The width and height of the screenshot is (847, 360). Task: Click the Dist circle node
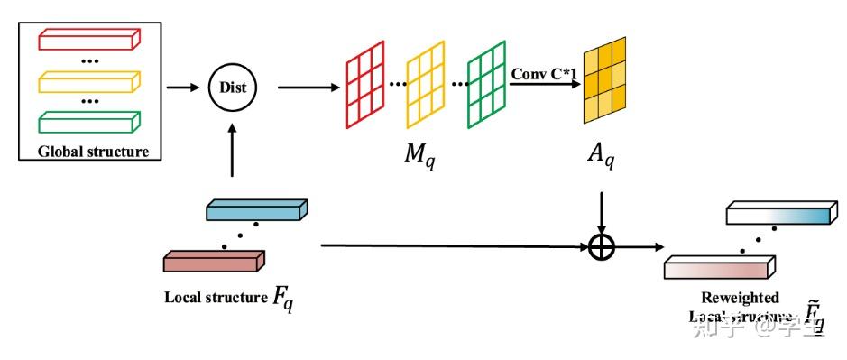[233, 88]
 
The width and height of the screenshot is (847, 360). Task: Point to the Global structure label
[93, 151]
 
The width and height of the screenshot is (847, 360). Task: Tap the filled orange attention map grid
[606, 84]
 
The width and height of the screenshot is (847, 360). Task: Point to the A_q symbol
[597, 160]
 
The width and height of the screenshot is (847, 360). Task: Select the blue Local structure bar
[256, 211]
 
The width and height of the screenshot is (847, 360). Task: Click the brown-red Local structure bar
[213, 262]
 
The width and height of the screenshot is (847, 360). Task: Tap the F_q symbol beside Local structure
[282, 298]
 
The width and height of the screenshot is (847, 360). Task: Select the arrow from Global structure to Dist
[184, 88]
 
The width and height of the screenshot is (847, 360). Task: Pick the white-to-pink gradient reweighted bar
[719, 267]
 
